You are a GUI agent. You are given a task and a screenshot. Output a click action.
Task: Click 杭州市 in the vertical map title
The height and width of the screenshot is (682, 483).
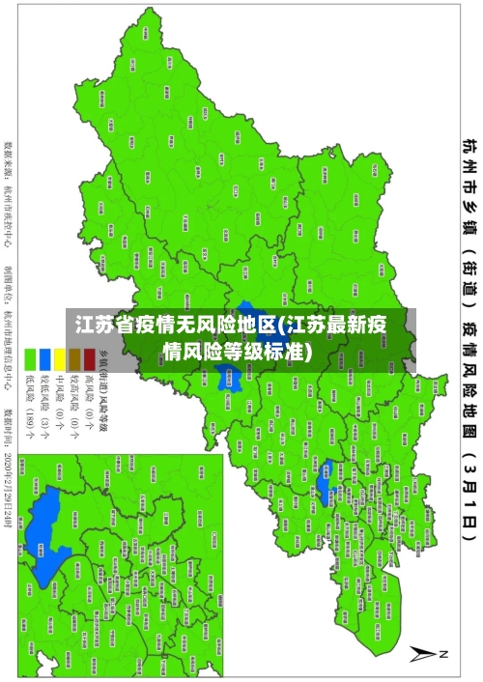pyautogui.click(x=468, y=160)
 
